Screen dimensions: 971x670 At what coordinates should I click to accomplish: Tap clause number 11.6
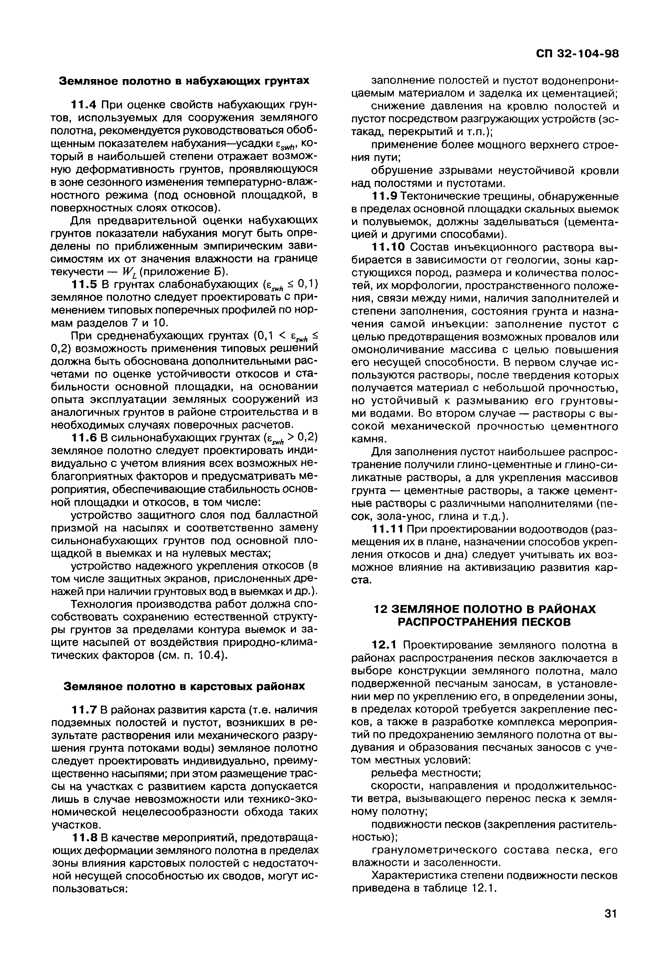[85, 438]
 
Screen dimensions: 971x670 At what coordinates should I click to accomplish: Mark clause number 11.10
[389, 247]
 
